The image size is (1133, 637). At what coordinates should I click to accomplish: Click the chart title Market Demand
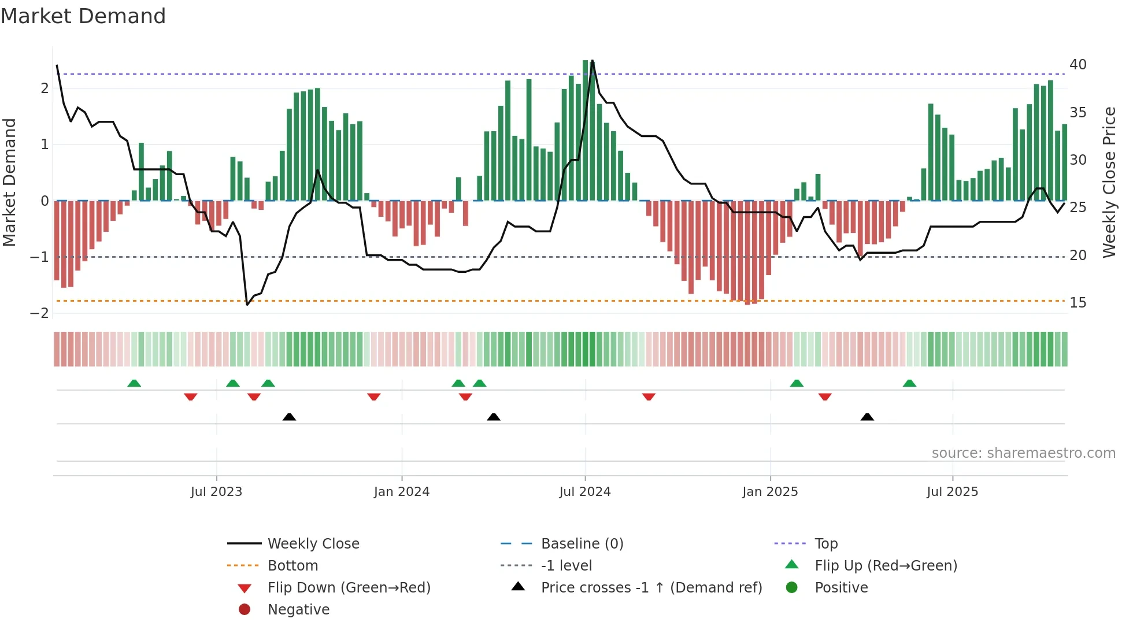(83, 16)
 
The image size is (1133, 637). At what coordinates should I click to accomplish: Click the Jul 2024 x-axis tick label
(584, 492)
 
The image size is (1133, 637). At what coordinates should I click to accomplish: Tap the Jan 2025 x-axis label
(769, 492)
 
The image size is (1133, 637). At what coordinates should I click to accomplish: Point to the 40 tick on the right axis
(1078, 65)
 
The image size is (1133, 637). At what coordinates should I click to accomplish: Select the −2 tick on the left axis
(40, 313)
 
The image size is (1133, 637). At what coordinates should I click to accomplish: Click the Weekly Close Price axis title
(1109, 182)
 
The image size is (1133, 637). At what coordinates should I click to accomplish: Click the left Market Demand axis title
(9, 182)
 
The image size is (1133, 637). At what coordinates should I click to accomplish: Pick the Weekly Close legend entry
(313, 544)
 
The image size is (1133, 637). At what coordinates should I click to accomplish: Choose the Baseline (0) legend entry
(582, 544)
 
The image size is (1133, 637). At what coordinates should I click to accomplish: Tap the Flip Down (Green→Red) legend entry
(349, 588)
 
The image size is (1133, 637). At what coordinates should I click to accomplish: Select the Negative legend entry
(298, 610)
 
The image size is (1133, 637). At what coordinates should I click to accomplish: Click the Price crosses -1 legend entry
(651, 588)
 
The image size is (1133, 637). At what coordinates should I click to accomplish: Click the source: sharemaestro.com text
(1023, 453)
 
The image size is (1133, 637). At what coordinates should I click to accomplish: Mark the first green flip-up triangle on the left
(134, 383)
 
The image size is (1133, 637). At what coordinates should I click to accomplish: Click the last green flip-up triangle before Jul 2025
(909, 383)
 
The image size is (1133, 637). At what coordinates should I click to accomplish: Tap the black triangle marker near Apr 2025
(867, 417)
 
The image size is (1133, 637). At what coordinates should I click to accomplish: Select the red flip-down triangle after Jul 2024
(649, 397)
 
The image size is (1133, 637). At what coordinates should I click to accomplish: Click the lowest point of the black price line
(247, 304)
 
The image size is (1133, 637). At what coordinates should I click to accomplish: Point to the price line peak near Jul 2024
(593, 61)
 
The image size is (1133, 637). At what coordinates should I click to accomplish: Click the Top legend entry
(825, 544)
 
